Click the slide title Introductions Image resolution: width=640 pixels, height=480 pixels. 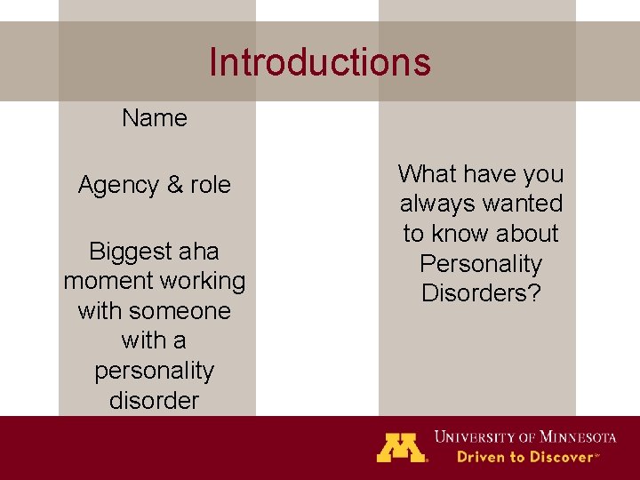point(320,62)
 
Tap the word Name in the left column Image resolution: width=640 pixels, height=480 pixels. point(155,118)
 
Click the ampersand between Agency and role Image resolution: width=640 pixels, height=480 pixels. point(174,185)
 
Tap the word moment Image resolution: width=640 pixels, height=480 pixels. point(106,281)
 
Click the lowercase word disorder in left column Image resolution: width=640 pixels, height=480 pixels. point(155,401)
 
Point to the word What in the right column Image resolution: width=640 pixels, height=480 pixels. point(428,173)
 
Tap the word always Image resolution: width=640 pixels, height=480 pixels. point(435,204)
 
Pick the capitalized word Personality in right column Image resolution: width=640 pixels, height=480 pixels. point(481,264)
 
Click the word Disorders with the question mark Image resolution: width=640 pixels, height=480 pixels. point(481,293)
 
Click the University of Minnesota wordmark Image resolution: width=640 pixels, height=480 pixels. point(524,436)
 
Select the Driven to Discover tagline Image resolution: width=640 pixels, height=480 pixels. point(527,457)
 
